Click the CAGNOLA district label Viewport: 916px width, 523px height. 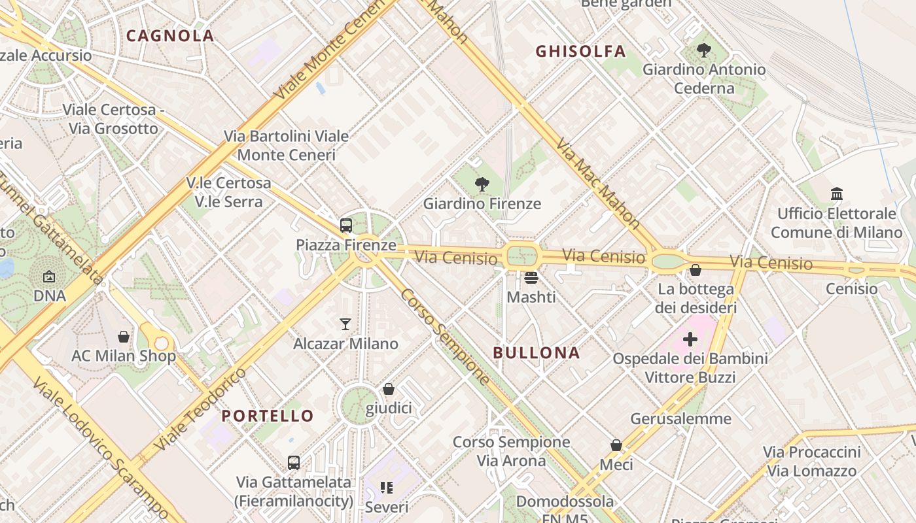tap(170, 36)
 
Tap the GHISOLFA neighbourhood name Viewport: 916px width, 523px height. tap(580, 51)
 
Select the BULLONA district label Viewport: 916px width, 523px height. tap(537, 353)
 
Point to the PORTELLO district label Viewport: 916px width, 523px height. tap(268, 416)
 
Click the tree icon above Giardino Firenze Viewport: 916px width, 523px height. tap(482, 184)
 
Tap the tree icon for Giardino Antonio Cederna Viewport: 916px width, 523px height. tap(704, 50)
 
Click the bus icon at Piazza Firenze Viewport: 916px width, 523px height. tap(346, 226)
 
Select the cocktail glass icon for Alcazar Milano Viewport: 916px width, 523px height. tap(345, 324)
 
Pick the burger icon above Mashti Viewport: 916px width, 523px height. tap(531, 278)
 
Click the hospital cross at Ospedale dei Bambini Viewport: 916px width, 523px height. tap(690, 339)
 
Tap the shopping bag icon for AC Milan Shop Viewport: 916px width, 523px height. tap(124, 337)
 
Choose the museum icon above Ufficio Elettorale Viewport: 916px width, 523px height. tap(836, 194)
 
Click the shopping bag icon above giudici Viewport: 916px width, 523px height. tap(389, 389)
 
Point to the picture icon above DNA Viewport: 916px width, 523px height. tap(49, 277)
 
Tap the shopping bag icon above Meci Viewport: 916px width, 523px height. tap(616, 445)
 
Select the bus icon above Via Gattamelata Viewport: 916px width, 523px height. tap(294, 463)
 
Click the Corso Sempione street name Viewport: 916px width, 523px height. tap(445, 336)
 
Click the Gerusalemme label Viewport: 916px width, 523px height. tap(680, 419)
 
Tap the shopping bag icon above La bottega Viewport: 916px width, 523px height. tap(696, 269)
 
